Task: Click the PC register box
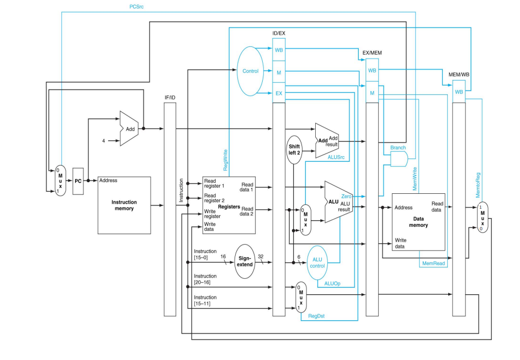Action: pyautogui.click(x=78, y=181)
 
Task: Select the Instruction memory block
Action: pyautogui.click(x=124, y=205)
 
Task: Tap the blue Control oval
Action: pyautogui.click(x=250, y=71)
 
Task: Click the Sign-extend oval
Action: pyautogui.click(x=245, y=261)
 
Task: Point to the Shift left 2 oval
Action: pyautogui.click(x=294, y=149)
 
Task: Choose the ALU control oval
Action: pyautogui.click(x=317, y=263)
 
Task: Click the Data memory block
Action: pyautogui.click(x=418, y=221)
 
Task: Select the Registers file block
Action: pyautogui.click(x=226, y=205)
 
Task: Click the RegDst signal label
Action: pyautogui.click(x=316, y=316)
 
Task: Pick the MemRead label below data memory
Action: pyautogui.click(x=433, y=264)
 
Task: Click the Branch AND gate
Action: pyautogui.click(x=399, y=160)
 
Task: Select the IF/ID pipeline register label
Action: pyautogui.click(x=169, y=97)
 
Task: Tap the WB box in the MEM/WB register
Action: pyautogui.click(x=459, y=92)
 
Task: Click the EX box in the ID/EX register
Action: pyautogui.click(x=279, y=93)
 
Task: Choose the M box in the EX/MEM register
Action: pyautogui.click(x=372, y=93)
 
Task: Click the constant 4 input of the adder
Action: pyautogui.click(x=103, y=141)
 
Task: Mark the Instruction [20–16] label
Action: pyautogui.click(x=205, y=279)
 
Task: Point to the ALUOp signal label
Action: pyautogui.click(x=332, y=283)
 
